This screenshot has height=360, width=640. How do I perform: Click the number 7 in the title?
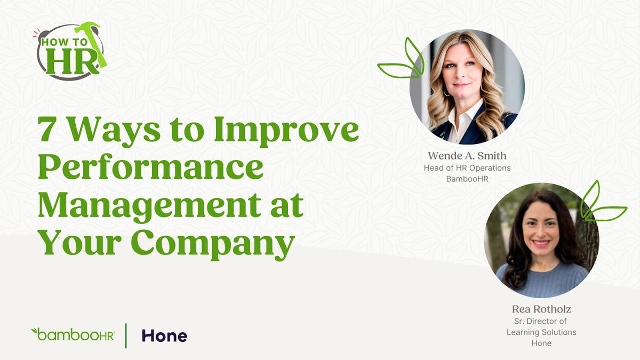47,131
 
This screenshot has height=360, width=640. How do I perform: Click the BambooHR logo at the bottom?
73,335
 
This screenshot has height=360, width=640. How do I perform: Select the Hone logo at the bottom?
164,335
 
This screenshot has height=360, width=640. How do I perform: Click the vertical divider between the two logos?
126,335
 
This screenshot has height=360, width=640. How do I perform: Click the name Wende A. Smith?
467,156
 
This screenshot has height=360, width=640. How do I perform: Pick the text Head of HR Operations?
467,168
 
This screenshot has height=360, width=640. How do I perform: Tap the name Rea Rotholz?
541,309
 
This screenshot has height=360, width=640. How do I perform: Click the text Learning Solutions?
541,332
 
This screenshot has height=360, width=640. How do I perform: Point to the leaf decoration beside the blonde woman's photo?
402,61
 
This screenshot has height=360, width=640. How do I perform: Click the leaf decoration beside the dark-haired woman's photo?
600,203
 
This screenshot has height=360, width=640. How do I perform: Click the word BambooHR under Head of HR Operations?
467,179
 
